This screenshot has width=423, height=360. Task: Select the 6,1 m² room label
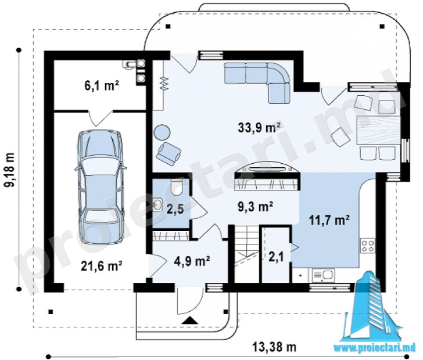click(x=102, y=86)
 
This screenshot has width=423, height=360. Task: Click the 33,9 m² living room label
click(x=259, y=127)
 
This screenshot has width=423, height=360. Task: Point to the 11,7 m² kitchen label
click(x=329, y=220)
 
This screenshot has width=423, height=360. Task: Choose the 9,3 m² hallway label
click(x=255, y=207)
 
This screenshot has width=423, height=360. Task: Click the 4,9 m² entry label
click(x=192, y=261)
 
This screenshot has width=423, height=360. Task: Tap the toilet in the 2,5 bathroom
click(x=177, y=188)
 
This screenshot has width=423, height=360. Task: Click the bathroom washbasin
click(x=157, y=204)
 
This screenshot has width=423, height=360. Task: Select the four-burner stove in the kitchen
click(x=368, y=246)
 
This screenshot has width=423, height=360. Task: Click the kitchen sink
click(x=323, y=275)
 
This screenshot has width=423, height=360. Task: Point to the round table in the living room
click(x=162, y=132)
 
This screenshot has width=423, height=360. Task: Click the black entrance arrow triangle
click(x=190, y=320)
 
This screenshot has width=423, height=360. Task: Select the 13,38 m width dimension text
click(x=274, y=347)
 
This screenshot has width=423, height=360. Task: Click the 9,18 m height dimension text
click(x=10, y=170)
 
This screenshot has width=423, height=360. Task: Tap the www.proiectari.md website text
click(x=376, y=348)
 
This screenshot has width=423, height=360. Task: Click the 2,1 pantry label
click(x=276, y=257)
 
